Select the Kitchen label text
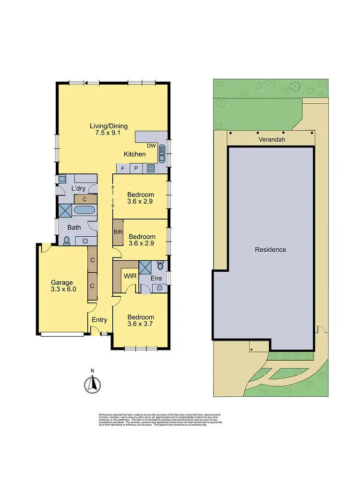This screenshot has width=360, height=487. tap(134, 154)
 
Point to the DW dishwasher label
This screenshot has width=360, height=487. tap(151, 146)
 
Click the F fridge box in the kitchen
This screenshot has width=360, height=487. tap(123, 169)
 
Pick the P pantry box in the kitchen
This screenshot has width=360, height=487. tap(136, 169)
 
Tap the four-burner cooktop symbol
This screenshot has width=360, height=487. tap(151, 169)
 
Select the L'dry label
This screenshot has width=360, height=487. tap(78, 189)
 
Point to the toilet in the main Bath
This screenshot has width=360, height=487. tap(66, 240)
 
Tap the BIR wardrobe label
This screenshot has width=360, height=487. tap(118, 232)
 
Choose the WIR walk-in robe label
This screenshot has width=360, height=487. tap(130, 276)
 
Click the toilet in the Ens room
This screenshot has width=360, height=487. tap(160, 266)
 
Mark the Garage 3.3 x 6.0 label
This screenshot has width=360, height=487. tap(62, 286)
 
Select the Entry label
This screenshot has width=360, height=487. tap(99, 320)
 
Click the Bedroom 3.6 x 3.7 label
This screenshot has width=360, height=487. tap(141, 321)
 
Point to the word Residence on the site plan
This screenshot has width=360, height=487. tap(270, 250)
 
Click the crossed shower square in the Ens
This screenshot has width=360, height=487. tap(144, 267)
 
